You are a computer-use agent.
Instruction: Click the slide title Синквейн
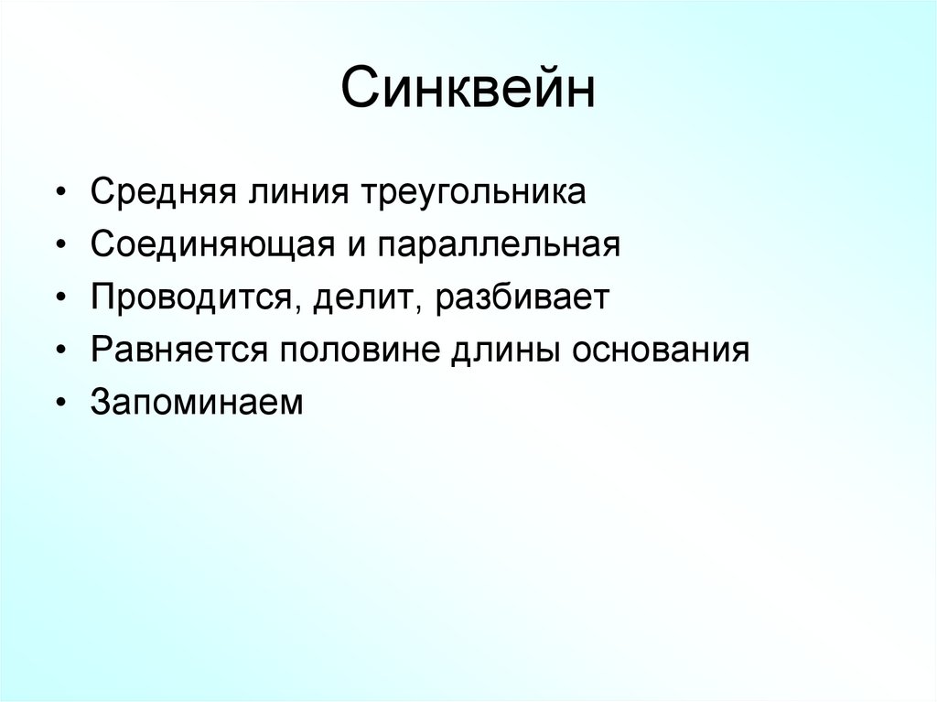[468, 93]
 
